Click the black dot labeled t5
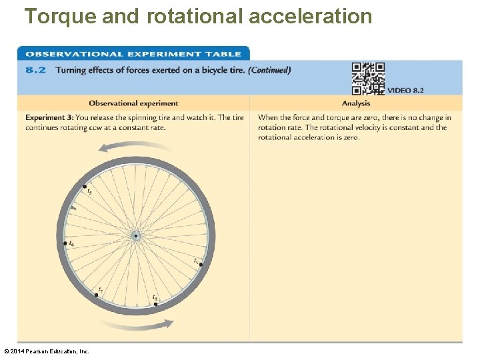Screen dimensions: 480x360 click(x=85, y=187)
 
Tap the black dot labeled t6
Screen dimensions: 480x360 click(x=65, y=243)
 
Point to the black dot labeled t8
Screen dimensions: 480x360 click(x=155, y=303)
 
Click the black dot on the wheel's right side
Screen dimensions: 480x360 click(x=200, y=264)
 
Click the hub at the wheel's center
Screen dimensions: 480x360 click(x=135, y=235)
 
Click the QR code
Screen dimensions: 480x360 click(x=368, y=79)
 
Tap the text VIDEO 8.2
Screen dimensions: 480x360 click(x=405, y=90)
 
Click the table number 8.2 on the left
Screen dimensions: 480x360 click(x=35, y=70)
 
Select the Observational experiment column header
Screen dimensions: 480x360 click(x=133, y=103)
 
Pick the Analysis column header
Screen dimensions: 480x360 click(x=356, y=103)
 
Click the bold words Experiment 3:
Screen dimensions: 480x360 click(x=49, y=118)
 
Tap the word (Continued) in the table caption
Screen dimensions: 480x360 click(x=269, y=70)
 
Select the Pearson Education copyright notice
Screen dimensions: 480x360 click(x=46, y=351)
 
